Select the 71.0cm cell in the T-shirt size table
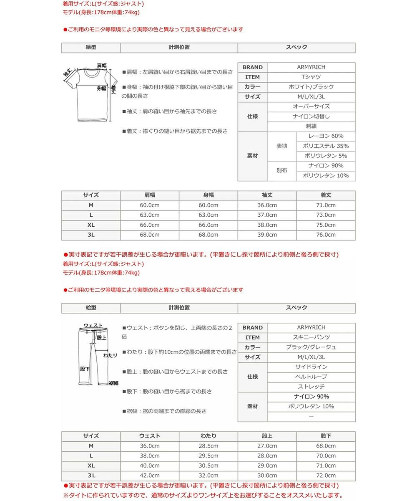(326, 205)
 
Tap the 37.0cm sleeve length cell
(267, 215)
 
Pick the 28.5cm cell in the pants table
(208, 446)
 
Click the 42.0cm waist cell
(150, 476)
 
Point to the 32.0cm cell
(208, 476)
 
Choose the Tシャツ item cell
(311, 77)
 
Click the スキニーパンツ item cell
(311, 337)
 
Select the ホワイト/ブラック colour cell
(311, 87)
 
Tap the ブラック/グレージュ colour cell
(311, 347)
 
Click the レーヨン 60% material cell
(326, 136)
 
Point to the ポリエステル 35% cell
(326, 146)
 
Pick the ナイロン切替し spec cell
(311, 116)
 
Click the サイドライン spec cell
(311, 367)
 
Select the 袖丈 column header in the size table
(267, 195)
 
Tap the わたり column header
(208, 436)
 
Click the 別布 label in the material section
(282, 171)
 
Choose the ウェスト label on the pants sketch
(93, 326)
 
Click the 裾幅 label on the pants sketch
(113, 383)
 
